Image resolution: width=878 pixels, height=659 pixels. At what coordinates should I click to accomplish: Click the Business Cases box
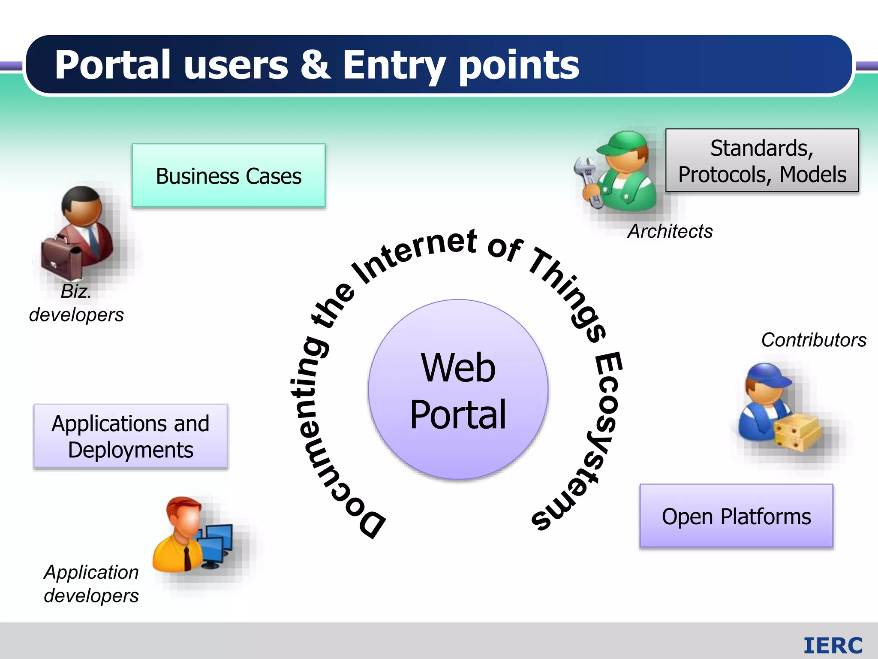click(229, 176)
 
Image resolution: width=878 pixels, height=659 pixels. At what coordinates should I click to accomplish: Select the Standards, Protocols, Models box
click(762, 160)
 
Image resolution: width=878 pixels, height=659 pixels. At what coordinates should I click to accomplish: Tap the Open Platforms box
click(736, 516)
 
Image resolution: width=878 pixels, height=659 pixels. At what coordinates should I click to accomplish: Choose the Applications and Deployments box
click(130, 436)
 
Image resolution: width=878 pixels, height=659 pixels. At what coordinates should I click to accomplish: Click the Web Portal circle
click(458, 390)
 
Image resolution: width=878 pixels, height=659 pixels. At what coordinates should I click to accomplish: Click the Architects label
click(670, 232)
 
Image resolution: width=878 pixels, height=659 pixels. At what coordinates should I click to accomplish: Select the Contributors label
click(813, 340)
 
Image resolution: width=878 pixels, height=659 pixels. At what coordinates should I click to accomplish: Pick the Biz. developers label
click(76, 303)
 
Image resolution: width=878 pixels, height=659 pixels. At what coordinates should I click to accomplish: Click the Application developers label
click(91, 584)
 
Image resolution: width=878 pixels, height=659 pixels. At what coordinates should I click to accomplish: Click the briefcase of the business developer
click(61, 257)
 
